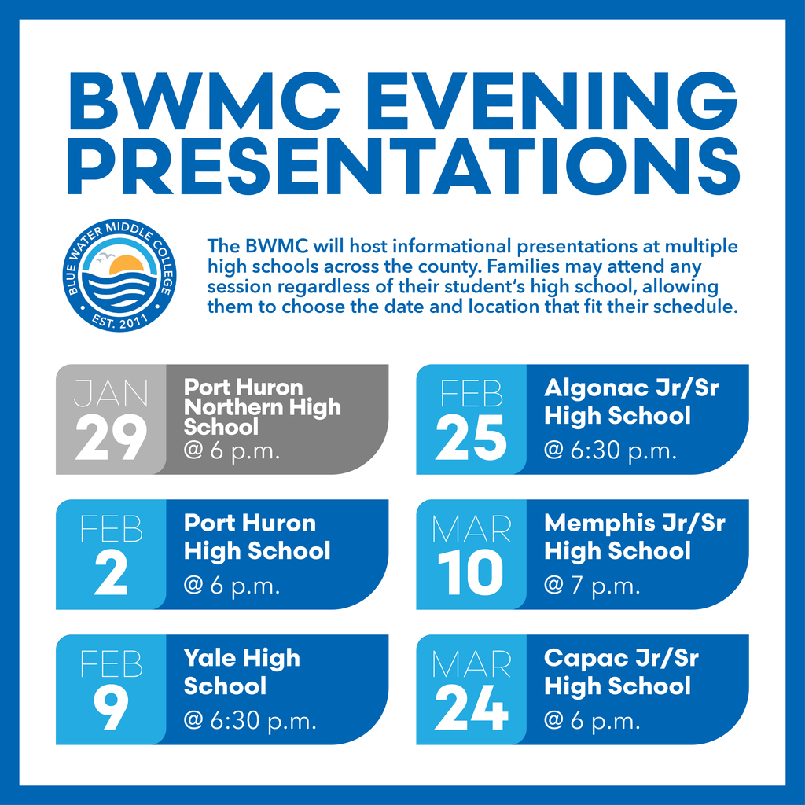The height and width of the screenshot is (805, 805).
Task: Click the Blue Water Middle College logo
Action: pyautogui.click(x=120, y=275)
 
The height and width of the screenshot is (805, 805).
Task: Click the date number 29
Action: pyautogui.click(x=111, y=438)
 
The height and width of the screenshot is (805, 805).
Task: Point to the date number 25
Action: pyautogui.click(x=471, y=438)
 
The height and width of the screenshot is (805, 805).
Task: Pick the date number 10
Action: pyautogui.click(x=471, y=573)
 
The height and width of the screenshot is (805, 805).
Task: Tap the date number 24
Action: pyautogui.click(x=471, y=708)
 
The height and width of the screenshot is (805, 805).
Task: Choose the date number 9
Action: pyautogui.click(x=111, y=708)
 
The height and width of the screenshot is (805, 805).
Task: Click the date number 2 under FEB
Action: pyautogui.click(x=111, y=573)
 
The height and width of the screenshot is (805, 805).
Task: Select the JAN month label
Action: pyautogui.click(x=111, y=393)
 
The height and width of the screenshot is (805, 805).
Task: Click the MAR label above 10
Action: pyautogui.click(x=471, y=529)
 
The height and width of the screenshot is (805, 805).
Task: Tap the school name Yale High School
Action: pyautogui.click(x=241, y=671)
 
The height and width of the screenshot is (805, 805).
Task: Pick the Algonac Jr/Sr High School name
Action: pyautogui.click(x=631, y=401)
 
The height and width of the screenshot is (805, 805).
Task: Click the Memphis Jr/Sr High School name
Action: pyautogui.click(x=634, y=536)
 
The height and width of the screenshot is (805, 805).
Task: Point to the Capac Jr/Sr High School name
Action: pyautogui.click(x=621, y=671)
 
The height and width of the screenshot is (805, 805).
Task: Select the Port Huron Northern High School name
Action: pyautogui.click(x=262, y=406)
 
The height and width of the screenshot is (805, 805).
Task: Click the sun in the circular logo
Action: pyautogui.click(x=126, y=266)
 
